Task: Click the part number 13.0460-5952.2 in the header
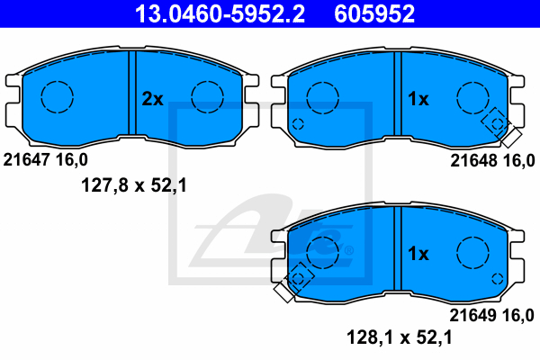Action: tap(220, 13)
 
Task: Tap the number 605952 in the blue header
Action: tap(374, 13)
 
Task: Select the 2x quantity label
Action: tap(153, 99)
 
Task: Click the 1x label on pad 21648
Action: tap(418, 99)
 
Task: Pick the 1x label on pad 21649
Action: tap(418, 254)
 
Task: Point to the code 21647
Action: tap(27, 160)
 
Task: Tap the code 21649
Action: tap(473, 315)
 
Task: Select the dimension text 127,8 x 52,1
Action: tap(134, 185)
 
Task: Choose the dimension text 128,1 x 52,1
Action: tap(399, 337)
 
